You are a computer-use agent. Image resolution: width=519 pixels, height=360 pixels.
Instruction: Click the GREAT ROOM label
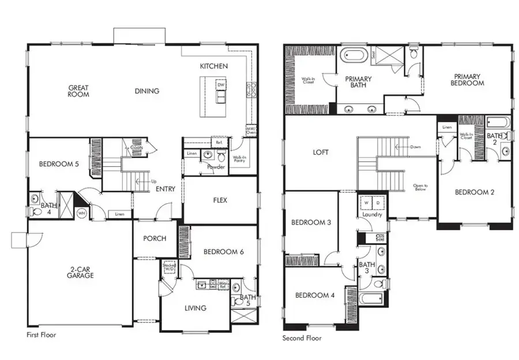(78, 91)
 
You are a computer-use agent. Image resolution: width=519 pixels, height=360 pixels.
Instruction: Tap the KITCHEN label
(213, 66)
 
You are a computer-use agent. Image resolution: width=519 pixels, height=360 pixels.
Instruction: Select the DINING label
(147, 91)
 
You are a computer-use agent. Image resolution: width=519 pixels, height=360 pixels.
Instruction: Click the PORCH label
(155, 238)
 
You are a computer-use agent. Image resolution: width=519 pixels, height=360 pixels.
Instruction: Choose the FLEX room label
(220, 200)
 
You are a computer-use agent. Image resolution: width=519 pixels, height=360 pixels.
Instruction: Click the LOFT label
(320, 152)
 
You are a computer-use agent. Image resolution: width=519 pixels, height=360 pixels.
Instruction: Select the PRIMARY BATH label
(358, 82)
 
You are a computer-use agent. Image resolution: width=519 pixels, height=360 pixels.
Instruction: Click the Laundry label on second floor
(372, 215)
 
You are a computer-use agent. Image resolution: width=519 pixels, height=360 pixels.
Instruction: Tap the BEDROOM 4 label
(314, 295)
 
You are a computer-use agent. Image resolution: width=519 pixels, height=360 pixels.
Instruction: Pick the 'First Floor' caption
(41, 335)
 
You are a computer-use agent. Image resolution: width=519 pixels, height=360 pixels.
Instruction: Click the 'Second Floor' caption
(302, 339)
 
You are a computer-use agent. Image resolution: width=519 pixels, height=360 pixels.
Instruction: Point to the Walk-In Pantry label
(240, 159)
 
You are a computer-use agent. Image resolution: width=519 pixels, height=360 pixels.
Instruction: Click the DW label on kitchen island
(220, 85)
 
